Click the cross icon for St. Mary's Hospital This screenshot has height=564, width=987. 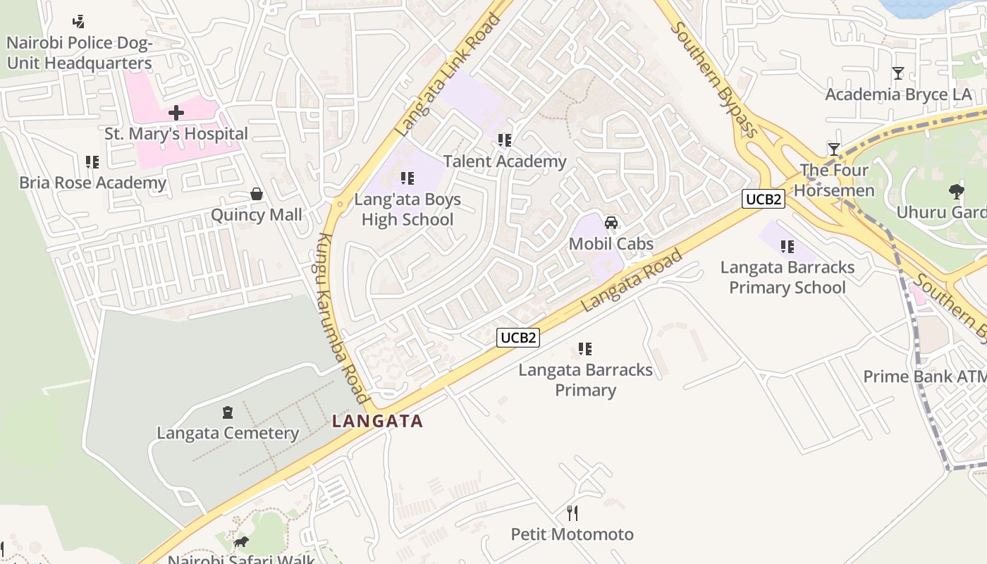point(176,113)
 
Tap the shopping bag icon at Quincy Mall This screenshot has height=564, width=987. point(257,194)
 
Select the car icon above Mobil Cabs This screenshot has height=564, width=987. point(611,223)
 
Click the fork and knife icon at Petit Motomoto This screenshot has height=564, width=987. point(572,513)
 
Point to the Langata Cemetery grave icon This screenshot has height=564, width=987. point(227,412)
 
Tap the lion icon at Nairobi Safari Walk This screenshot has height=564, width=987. point(240,542)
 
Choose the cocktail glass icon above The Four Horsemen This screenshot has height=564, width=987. point(834,149)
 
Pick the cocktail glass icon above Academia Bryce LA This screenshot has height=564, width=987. point(897,73)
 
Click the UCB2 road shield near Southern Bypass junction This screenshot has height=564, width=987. point(764,200)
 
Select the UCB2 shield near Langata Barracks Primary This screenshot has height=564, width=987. point(518,338)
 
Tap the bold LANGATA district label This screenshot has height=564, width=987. point(378,422)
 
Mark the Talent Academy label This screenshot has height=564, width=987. point(505,161)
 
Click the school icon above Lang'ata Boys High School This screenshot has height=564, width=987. point(407,178)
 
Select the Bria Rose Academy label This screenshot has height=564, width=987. point(92,183)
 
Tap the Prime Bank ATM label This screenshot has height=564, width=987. point(924,376)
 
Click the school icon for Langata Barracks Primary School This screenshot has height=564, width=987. point(787,247)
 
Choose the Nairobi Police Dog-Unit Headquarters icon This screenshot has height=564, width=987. point(79,22)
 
